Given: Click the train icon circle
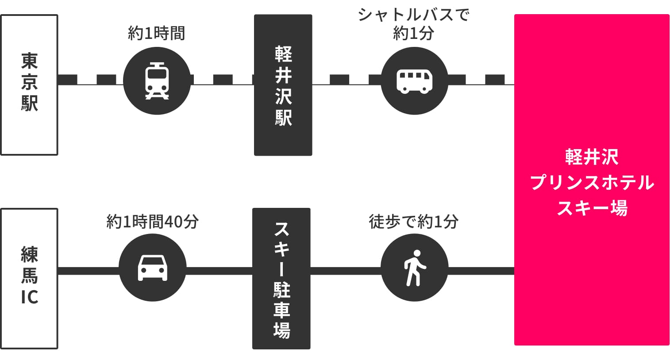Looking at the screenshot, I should pos(157,80).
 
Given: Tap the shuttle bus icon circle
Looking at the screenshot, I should pos(414,80).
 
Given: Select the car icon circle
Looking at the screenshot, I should pos(153,268).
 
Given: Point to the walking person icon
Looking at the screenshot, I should pos(414,268).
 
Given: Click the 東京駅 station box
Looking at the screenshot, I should pos(29,85).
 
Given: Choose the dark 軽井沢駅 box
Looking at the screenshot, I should pos(283,85).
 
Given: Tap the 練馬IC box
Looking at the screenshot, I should pos(29,278).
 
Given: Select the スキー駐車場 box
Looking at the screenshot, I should pos(281,278).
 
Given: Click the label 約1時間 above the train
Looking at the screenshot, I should pos(156,33).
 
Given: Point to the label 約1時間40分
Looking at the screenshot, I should pos(153,221).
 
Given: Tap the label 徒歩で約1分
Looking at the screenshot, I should pos(413,221).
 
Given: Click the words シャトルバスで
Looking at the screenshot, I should pos(413,15).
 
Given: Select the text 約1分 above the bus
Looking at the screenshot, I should pos(413,34).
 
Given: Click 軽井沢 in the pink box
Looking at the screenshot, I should pos(592,157).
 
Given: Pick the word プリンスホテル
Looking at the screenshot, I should pos(592,182).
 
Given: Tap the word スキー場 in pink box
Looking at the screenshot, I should pos(592,208).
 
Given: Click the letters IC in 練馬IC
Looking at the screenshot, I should pos(29,297).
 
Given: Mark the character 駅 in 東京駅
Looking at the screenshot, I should pos(29,103).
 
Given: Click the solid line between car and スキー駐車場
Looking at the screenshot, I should pos(219,270).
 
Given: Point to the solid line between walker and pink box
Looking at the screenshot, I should pos(481,270).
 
